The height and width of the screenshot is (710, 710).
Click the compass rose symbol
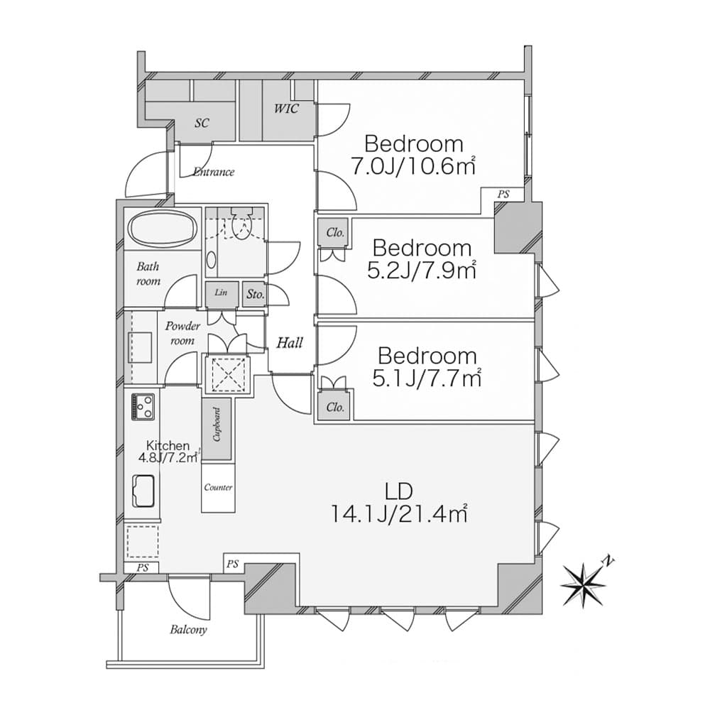pos(583,585)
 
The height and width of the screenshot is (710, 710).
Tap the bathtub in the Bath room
pos(163,228)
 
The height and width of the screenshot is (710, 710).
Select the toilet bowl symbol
pos(241,223)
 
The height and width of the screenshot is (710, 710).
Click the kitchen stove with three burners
pos(143,407)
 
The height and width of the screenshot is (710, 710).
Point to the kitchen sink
pos(143,491)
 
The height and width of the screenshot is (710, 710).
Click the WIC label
pos(286,109)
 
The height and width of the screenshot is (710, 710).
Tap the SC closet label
pos(202,123)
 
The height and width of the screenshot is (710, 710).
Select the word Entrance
pos(214,172)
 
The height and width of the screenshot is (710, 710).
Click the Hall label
pos(290,343)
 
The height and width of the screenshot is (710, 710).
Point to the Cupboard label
pos(217,425)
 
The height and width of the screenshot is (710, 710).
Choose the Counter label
pos(218,487)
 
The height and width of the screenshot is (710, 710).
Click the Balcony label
pos(188,629)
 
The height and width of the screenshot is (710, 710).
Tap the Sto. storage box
pos(255,295)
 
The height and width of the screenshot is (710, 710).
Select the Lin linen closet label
pos(221,292)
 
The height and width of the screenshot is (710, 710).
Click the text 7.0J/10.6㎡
pos(413,166)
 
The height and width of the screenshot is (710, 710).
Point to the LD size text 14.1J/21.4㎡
pos(399,513)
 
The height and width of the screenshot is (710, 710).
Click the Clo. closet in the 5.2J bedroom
pos(334,233)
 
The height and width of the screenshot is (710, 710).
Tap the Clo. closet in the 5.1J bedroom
pos(334,407)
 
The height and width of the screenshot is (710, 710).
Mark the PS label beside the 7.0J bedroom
pos(503,195)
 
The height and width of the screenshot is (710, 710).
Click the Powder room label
pos(182,333)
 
